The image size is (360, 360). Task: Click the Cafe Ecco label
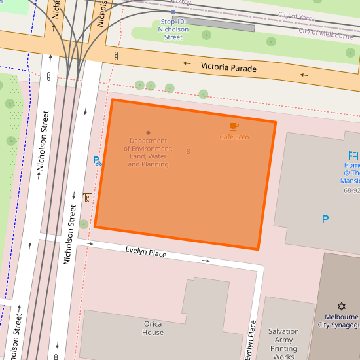point(234,137)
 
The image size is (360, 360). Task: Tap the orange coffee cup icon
point(234,126)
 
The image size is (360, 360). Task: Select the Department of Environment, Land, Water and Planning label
point(148,153)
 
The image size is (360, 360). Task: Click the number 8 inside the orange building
point(189,152)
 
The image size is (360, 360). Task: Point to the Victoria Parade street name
point(229,67)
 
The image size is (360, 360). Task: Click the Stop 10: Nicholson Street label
point(174,29)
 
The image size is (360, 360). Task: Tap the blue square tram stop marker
point(173,12)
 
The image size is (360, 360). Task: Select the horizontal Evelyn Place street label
point(146,253)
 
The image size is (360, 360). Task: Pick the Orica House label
point(153,328)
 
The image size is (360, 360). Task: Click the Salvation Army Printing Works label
point(283,344)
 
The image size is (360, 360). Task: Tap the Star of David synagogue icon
point(341,306)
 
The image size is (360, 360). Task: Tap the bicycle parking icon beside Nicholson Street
point(97,160)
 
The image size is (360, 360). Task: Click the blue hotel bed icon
point(354,155)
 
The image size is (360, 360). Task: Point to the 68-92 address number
point(351,190)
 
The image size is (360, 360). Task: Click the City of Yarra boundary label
point(297,15)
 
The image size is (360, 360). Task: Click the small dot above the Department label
point(148,133)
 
